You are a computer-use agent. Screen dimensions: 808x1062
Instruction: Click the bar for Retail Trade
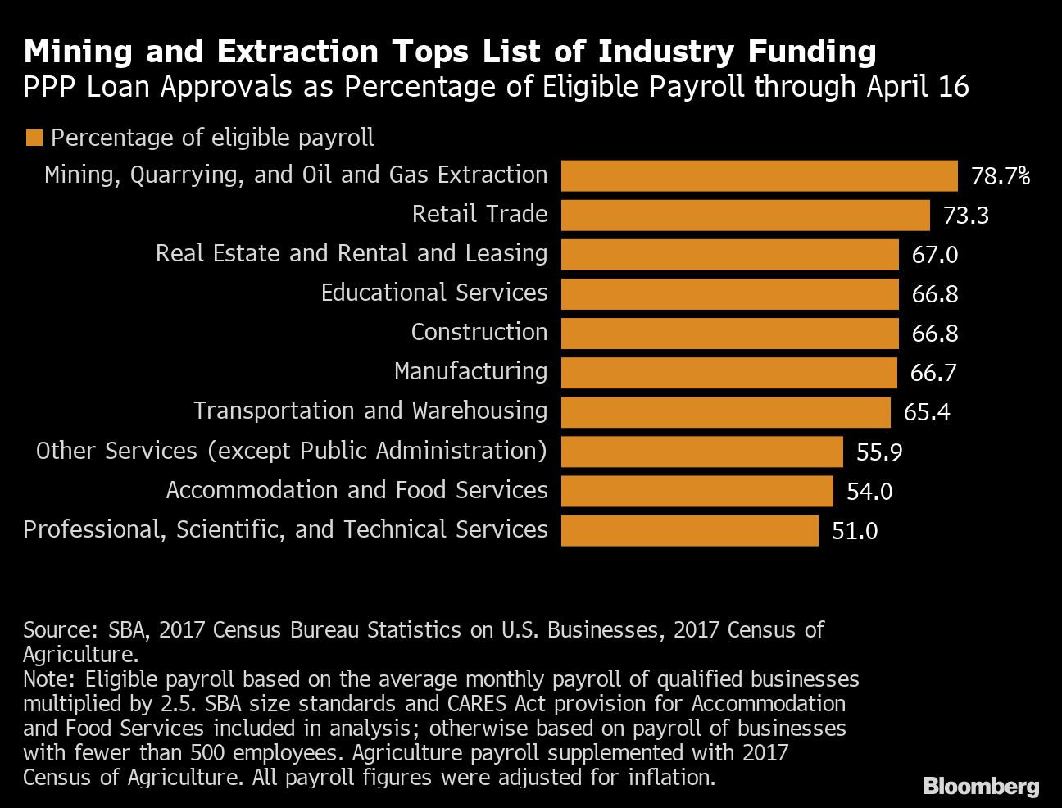coord(745,216)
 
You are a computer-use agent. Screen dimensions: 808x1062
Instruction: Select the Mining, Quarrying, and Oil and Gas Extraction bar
coord(759,176)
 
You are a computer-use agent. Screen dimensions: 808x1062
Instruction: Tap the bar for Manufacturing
coord(728,373)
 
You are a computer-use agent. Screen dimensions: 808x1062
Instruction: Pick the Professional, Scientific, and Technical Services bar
coord(689,530)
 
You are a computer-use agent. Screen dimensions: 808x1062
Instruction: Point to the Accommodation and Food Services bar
coord(697,491)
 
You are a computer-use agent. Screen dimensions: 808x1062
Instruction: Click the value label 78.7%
coord(1000,176)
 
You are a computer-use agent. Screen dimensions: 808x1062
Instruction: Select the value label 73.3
coord(966,216)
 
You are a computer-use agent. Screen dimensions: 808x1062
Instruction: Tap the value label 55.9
coord(879,452)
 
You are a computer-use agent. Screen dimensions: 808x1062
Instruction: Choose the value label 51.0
coord(855,531)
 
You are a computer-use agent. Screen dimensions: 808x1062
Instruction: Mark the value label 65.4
coord(927,412)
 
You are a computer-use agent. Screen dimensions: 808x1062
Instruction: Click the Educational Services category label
coord(433,293)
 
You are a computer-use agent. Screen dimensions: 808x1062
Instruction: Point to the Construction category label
coord(479,332)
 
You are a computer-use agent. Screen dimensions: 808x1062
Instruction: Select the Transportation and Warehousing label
coord(370,411)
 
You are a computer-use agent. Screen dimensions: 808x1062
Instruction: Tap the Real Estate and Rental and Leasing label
coord(352,253)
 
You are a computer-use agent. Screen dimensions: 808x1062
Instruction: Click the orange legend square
coord(34,138)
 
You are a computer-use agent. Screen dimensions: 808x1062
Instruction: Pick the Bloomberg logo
coord(981,787)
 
